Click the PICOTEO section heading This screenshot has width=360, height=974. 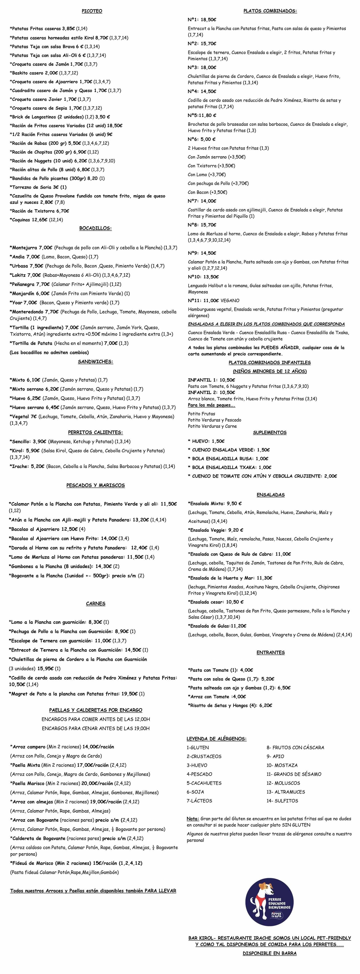(x=92, y=11)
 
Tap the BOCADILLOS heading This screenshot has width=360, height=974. (x=95, y=228)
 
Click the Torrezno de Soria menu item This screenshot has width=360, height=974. (x=38, y=187)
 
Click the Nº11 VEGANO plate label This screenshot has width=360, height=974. (x=214, y=301)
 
